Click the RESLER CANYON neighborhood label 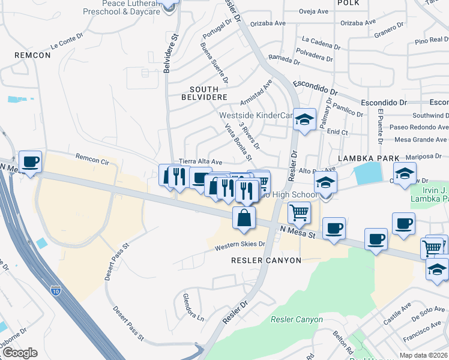click(266, 260)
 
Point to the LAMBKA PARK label click(369, 158)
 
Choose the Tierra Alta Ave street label click(201, 162)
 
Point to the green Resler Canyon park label click(297, 320)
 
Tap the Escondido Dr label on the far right click(426, 103)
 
